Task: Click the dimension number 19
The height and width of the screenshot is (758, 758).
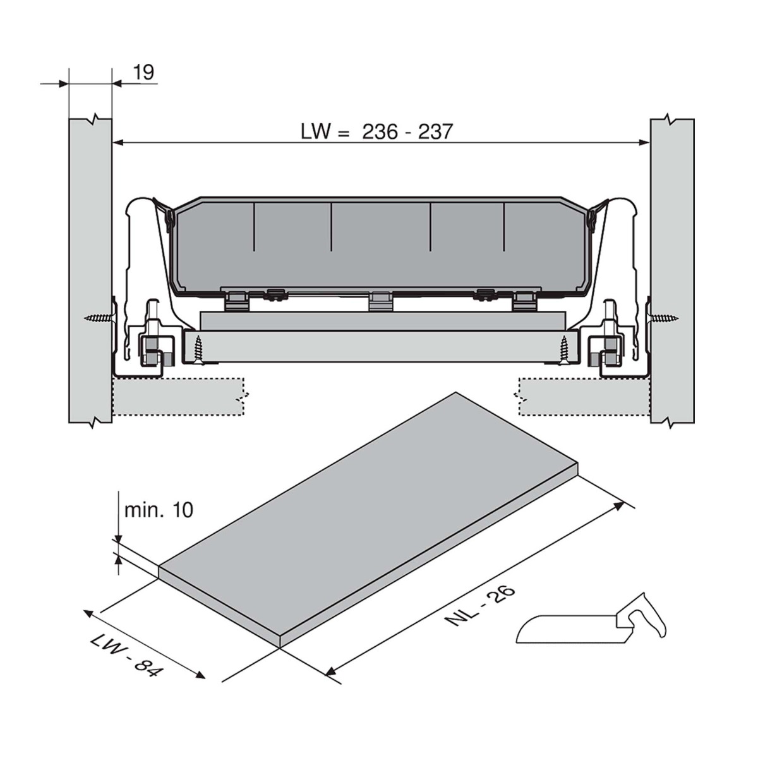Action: pyautogui.click(x=143, y=73)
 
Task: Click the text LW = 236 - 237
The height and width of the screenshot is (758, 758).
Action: pyautogui.click(x=377, y=131)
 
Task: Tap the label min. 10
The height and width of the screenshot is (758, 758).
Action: pyautogui.click(x=159, y=510)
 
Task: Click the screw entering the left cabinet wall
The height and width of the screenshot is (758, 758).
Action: pyautogui.click(x=99, y=318)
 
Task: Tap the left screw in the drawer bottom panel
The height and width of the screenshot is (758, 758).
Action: pyautogui.click(x=199, y=350)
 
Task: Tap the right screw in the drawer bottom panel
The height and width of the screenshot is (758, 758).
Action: pyautogui.click(x=565, y=350)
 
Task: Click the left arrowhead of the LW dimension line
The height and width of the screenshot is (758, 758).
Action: pyautogui.click(x=119, y=142)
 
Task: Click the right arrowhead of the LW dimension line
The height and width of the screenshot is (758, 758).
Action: pyautogui.click(x=644, y=142)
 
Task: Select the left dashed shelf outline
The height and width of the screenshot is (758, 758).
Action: pyautogui.click(x=178, y=397)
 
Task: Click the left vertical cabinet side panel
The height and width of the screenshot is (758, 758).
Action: pyautogui.click(x=90, y=271)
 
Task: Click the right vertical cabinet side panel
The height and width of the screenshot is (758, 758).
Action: pyautogui.click(x=672, y=271)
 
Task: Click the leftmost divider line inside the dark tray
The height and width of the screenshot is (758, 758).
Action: pyautogui.click(x=255, y=227)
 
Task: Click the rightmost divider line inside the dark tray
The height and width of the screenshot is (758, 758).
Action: pyautogui.click(x=504, y=227)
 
